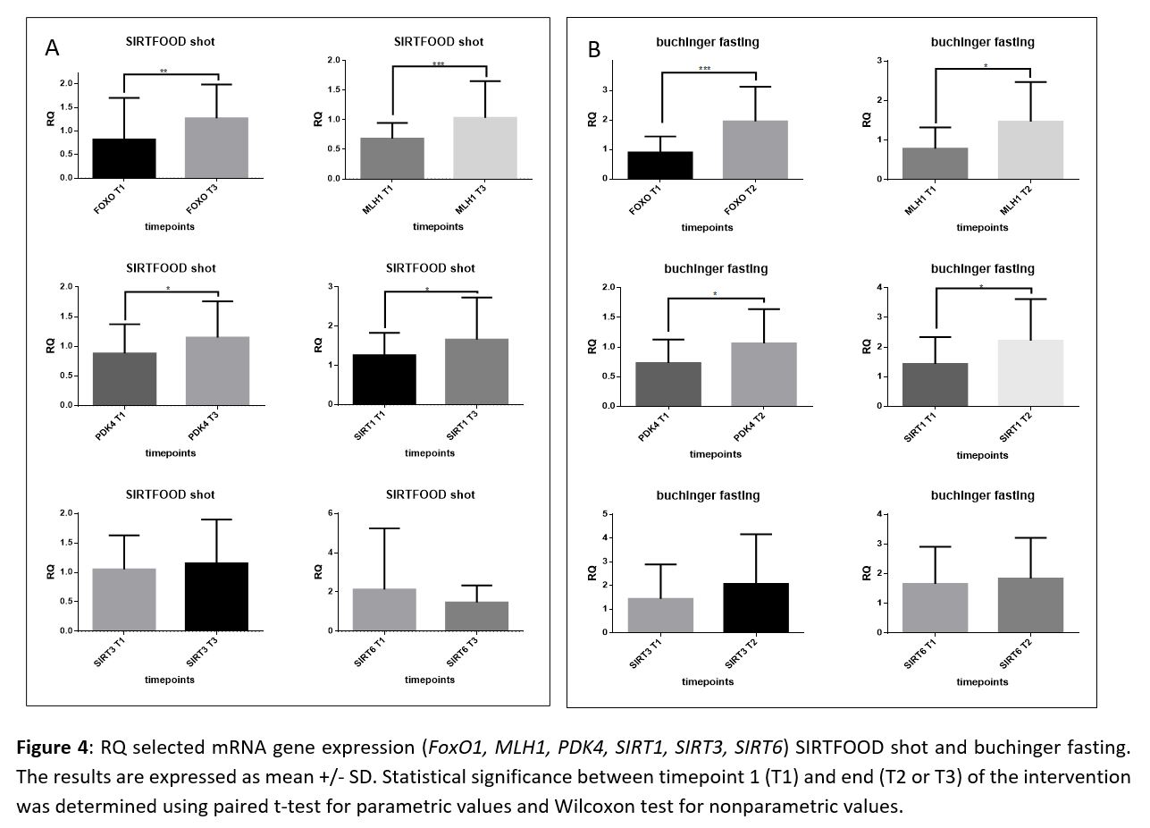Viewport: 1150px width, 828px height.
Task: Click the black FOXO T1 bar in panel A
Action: [124, 158]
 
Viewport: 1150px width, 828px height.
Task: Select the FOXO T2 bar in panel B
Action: [756, 149]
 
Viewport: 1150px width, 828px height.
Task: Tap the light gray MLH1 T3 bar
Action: [485, 148]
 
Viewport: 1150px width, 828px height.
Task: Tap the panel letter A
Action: [53, 48]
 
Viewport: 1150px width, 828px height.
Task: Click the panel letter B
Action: [594, 49]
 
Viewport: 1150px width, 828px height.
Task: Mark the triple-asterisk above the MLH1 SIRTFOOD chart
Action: [439, 64]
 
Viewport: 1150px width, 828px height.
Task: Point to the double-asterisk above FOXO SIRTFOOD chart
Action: [164, 72]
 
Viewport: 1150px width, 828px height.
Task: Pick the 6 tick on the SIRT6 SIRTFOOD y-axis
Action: [332, 513]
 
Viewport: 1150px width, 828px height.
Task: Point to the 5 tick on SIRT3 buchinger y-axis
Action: [607, 514]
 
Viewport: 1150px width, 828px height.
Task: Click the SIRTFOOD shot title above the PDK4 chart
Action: [170, 268]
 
